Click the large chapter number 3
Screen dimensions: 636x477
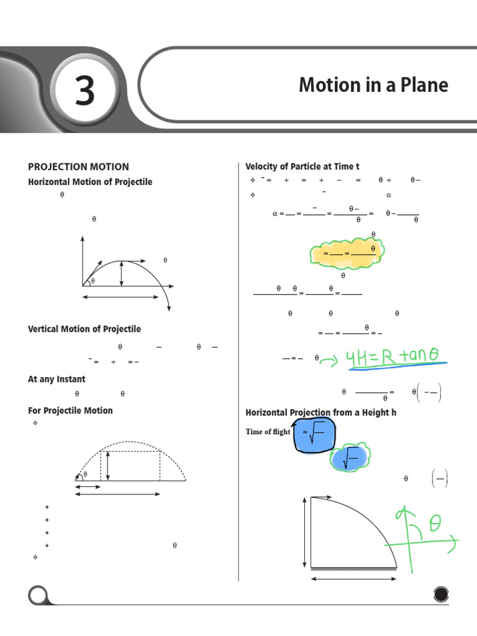point(84,91)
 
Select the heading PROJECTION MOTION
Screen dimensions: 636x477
point(78,166)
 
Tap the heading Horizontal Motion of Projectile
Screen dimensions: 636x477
point(90,182)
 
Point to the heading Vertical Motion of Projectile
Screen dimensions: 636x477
point(84,329)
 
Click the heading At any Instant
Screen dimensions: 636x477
point(57,379)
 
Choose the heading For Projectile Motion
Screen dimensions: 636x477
point(70,411)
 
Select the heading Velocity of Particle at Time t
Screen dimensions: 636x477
point(302,166)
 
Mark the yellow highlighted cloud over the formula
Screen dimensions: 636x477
point(348,252)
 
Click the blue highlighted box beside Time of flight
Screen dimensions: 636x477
point(314,433)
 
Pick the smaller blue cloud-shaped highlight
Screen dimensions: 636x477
point(348,459)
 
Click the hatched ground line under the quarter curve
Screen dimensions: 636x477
point(353,568)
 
